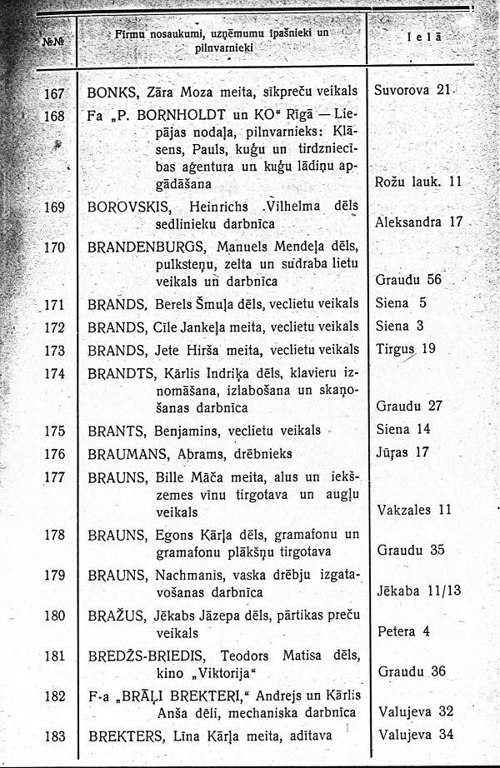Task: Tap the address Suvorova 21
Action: click(x=412, y=89)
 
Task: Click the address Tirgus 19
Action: click(x=406, y=348)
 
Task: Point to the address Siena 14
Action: click(x=403, y=430)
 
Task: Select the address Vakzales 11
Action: click(x=414, y=509)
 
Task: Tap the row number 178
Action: click(x=54, y=534)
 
